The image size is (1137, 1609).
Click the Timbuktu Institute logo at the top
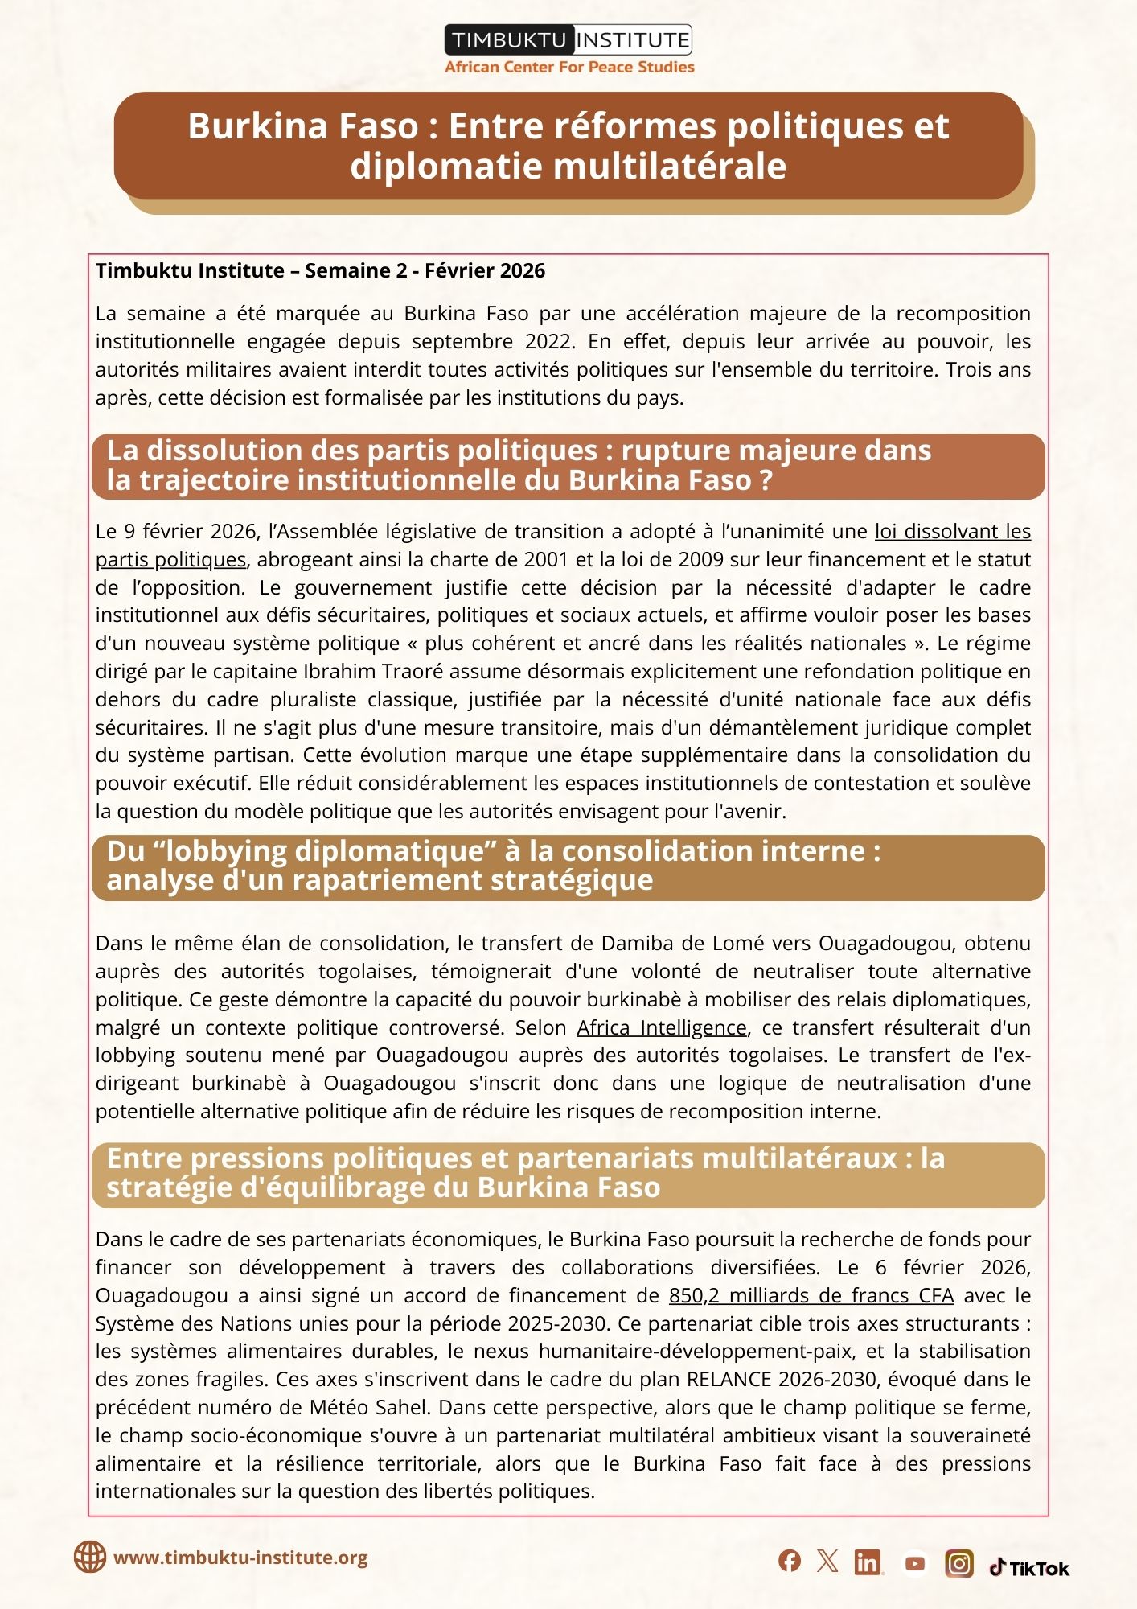[568, 40]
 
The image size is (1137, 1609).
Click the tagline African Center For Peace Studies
[569, 68]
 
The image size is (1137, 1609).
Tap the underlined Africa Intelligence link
[662, 1028]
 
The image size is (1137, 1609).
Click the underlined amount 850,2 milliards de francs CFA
[811, 1296]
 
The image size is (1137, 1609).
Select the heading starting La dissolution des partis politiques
[519, 466]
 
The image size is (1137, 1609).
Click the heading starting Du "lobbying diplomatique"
[493, 866]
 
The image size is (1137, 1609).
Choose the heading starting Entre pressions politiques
[525, 1174]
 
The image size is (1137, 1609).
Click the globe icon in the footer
[90, 1558]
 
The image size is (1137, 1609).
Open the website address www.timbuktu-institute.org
[240, 1558]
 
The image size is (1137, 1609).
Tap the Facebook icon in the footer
[790, 1562]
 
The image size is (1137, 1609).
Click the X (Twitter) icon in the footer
[827, 1562]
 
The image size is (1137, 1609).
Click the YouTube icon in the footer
[914, 1563]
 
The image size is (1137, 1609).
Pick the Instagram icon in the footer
[958, 1563]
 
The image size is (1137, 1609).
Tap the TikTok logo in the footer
[1030, 1568]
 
